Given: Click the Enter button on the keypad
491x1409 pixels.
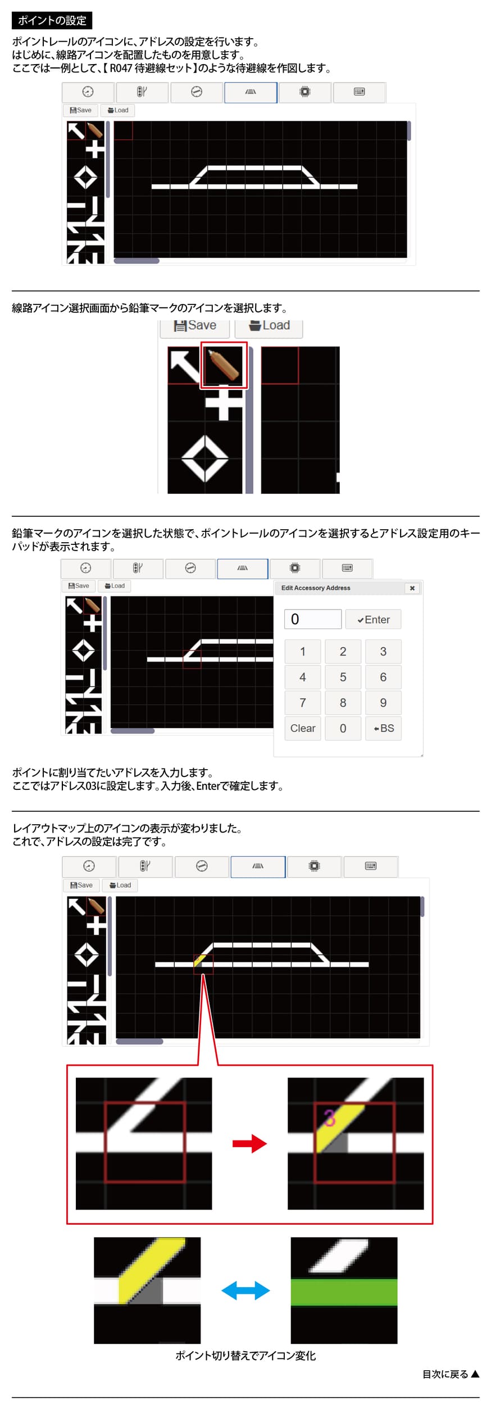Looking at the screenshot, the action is pos(373,619).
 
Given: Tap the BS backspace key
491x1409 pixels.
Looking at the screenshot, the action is pos(383,728).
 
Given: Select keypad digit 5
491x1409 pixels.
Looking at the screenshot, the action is pos(343,677).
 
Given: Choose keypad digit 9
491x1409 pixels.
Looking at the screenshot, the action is pos(383,703).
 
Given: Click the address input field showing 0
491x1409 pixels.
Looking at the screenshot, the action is pos(312,619).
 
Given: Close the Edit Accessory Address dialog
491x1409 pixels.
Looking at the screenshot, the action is pos(412,588).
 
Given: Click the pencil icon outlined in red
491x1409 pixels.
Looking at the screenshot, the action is pos(224,365).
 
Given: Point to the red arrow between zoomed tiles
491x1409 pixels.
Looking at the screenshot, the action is pos(249,1143).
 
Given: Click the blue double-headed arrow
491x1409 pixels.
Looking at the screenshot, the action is pos(245,1290).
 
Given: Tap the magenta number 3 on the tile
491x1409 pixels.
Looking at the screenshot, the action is pos(330,1117).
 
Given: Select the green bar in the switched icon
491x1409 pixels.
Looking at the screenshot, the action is pos(344,1292).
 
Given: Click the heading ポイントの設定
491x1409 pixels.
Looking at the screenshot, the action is pos(52,21).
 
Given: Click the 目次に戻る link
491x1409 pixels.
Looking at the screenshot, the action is pos(451,1374).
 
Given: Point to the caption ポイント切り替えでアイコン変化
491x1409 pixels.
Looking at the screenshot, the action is pos(245,1356).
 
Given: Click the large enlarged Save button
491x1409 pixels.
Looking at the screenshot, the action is pos(195,326).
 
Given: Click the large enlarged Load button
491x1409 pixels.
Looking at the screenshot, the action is pos(269,326).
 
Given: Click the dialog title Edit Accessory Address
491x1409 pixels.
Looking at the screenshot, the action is pos(316,588).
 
